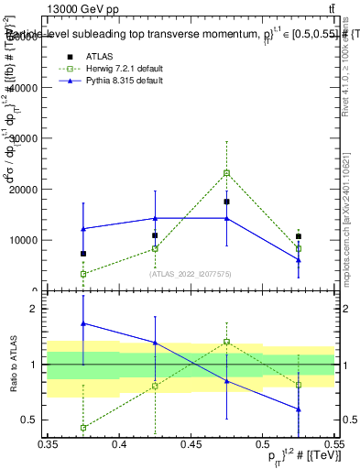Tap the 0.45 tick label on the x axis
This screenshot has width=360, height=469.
(190, 444)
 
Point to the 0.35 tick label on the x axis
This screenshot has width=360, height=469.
(48, 444)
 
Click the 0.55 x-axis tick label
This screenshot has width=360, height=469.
(333, 444)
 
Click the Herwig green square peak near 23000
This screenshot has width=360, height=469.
(227, 172)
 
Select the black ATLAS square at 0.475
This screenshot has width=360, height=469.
(227, 202)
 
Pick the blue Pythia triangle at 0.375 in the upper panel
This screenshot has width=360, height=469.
(83, 228)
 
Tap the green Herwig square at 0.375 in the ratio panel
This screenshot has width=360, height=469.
(83, 428)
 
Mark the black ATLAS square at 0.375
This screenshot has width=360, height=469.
(83, 254)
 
